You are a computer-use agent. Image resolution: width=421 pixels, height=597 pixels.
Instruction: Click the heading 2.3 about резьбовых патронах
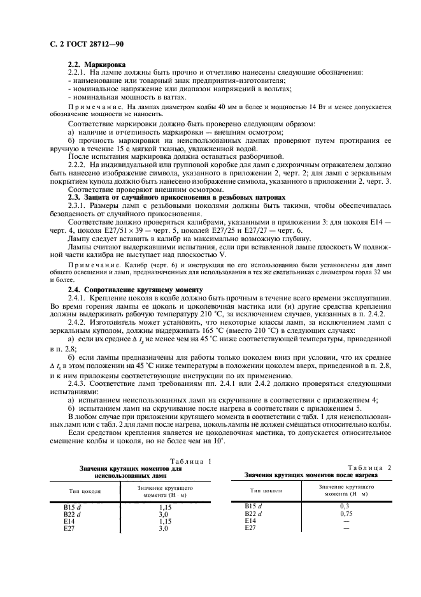coord(173,197)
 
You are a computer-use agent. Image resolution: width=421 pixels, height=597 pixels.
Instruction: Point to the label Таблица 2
coord(370,467)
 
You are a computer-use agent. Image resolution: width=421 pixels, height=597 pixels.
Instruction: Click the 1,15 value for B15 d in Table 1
coord(164,506)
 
